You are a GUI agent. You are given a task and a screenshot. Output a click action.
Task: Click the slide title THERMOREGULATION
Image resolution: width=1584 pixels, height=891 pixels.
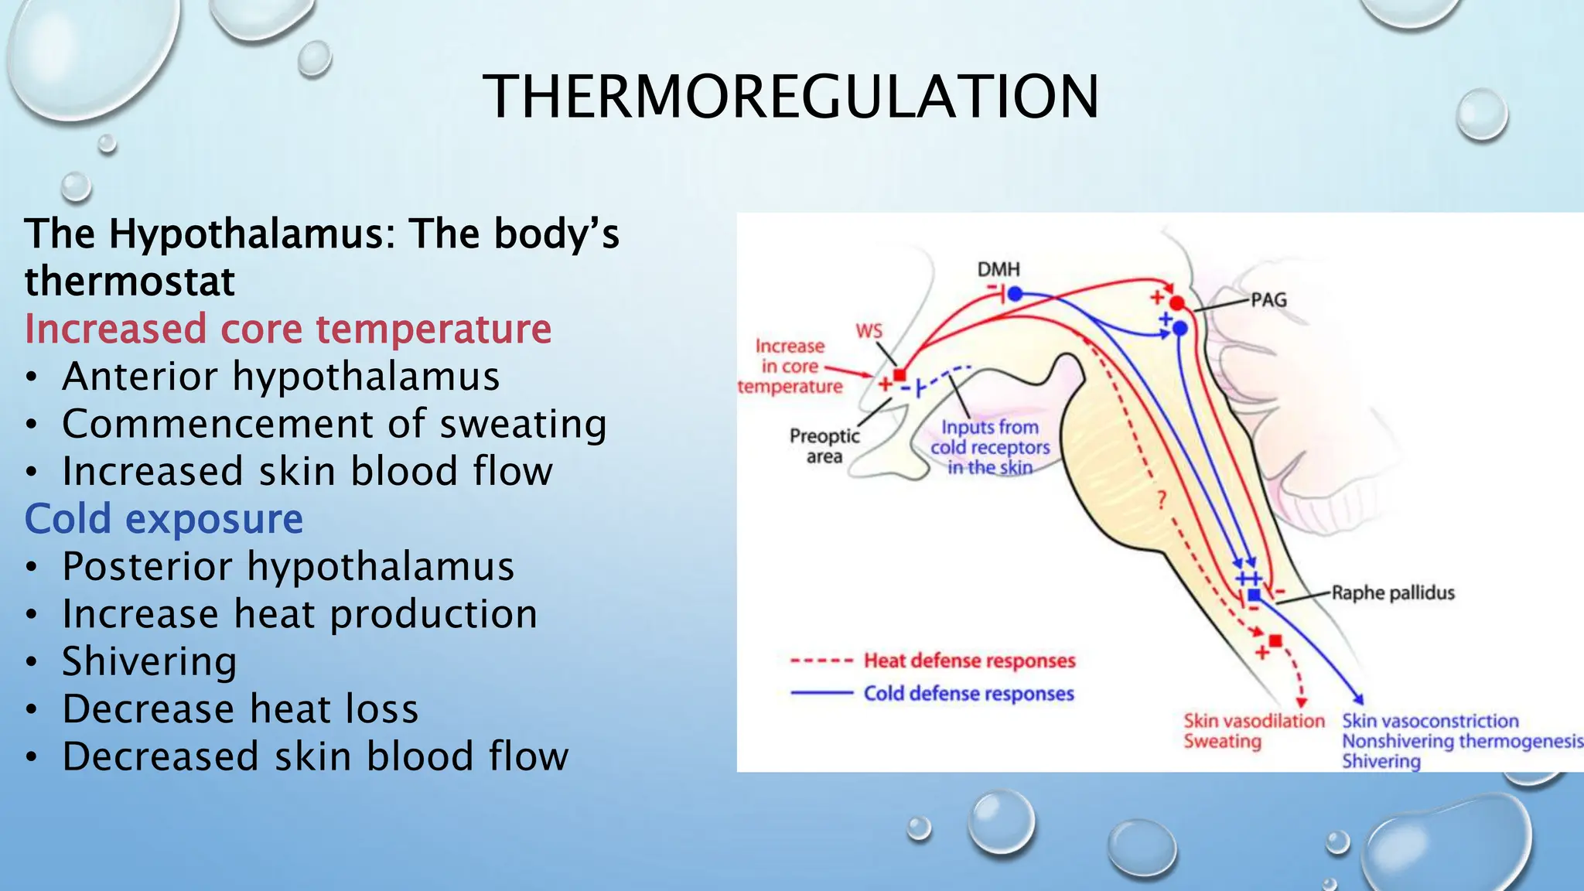pyautogui.click(x=790, y=97)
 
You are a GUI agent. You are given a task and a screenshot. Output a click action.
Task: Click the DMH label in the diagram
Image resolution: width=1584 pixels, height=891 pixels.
pyautogui.click(x=999, y=269)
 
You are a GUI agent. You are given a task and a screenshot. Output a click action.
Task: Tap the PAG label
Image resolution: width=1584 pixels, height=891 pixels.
pyautogui.click(x=1268, y=300)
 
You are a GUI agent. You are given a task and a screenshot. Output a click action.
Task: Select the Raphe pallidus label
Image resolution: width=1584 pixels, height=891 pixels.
pyautogui.click(x=1392, y=593)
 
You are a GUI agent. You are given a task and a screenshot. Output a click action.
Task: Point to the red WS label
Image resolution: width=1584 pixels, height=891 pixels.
pyautogui.click(x=869, y=331)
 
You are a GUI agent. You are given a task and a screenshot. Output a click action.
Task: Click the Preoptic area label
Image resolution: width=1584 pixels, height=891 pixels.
pyautogui.click(x=824, y=445)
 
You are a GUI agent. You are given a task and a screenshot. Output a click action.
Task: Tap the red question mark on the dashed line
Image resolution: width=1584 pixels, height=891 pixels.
pyautogui.click(x=1161, y=500)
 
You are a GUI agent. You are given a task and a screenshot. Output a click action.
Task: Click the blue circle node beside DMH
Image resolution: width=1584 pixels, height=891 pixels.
pyautogui.click(x=1016, y=294)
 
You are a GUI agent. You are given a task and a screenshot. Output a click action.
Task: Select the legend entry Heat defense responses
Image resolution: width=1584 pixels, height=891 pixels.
pyautogui.click(x=969, y=661)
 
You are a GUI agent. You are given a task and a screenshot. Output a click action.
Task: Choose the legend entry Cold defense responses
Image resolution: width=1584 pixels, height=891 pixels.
pyautogui.click(x=968, y=694)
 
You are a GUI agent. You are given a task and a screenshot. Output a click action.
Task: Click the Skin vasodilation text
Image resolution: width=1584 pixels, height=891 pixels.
pyautogui.click(x=1254, y=721)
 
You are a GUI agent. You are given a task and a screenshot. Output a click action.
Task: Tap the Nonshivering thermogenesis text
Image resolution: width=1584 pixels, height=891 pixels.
pyautogui.click(x=1462, y=741)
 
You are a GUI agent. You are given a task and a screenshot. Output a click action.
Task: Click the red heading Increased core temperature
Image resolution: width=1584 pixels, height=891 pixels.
pyautogui.click(x=288, y=329)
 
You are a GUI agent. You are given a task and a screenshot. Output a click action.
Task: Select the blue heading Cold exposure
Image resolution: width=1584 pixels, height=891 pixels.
pyautogui.click(x=164, y=519)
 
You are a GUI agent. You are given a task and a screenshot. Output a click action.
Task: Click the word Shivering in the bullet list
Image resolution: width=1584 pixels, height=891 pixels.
pyautogui.click(x=149, y=662)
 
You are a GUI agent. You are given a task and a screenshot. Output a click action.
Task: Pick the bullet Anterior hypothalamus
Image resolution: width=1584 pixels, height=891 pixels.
pyautogui.click(x=281, y=377)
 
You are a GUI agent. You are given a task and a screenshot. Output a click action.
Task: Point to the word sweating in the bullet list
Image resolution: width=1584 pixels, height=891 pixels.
pyautogui.click(x=523, y=425)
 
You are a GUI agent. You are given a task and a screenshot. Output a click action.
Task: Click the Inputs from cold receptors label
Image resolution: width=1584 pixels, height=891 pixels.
pyautogui.click(x=990, y=447)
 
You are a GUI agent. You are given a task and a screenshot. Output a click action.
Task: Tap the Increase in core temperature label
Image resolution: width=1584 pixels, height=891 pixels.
pyautogui.click(x=790, y=366)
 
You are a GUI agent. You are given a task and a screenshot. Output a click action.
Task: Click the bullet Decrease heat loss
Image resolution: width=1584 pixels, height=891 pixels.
pyautogui.click(x=240, y=709)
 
